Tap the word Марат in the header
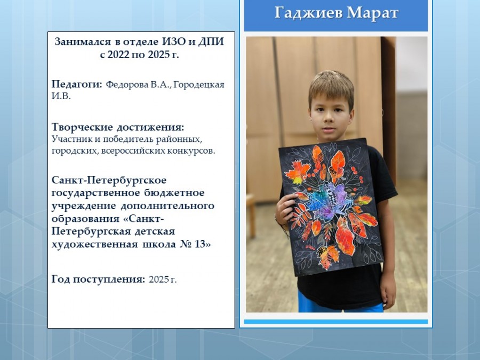point(373,13)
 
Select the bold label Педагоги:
point(77,84)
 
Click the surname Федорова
point(127,84)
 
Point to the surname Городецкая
point(199,85)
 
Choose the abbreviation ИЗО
point(174,41)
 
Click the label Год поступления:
point(98,279)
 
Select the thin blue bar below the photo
point(336,322)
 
